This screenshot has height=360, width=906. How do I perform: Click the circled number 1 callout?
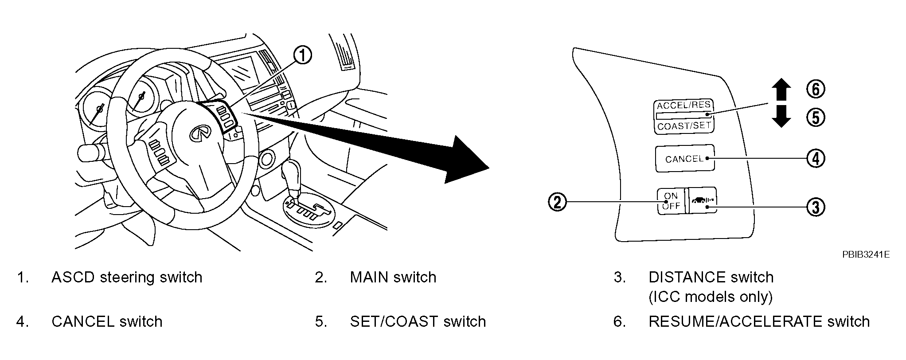click(x=302, y=56)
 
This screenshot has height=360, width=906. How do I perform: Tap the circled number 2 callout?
click(x=558, y=202)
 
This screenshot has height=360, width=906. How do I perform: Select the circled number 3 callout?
click(x=816, y=207)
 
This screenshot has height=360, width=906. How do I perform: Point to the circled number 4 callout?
click(x=816, y=158)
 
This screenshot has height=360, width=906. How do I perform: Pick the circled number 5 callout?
click(x=816, y=117)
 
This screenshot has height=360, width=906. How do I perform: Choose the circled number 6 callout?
click(x=816, y=89)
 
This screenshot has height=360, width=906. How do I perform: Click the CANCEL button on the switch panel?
click(x=685, y=158)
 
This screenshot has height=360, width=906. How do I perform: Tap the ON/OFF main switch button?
click(x=671, y=201)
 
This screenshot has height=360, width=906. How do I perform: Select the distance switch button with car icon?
click(x=702, y=201)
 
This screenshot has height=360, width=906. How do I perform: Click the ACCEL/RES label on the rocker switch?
click(x=683, y=106)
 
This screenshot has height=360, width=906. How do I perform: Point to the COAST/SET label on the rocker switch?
click(x=684, y=126)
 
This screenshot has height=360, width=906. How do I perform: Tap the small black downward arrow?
click(x=781, y=117)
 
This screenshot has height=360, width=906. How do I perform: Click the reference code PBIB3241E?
click(x=866, y=255)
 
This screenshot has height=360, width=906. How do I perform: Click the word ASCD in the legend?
click(x=74, y=278)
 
